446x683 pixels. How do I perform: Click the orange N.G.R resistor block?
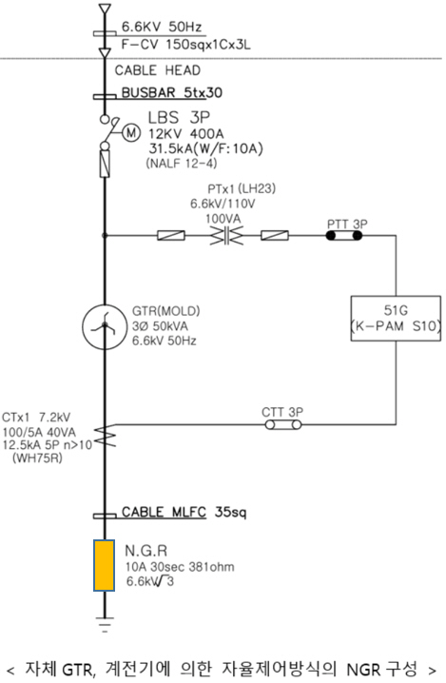tap(104, 565)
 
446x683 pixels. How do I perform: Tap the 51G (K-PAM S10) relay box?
tap(396, 319)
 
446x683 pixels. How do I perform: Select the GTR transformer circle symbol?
tap(104, 327)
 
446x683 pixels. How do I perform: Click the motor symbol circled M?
tap(131, 132)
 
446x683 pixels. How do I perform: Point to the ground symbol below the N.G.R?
tap(104, 625)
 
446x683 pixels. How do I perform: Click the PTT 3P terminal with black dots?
tap(344, 236)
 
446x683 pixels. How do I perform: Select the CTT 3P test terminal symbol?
tap(283, 424)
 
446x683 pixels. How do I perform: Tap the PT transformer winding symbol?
tap(226, 236)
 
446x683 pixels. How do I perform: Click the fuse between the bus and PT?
tap(171, 236)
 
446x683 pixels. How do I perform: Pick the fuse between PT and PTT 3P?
tap(275, 236)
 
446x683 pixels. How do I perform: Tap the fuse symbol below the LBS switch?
tap(105, 164)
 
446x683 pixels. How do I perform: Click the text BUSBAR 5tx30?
tap(171, 93)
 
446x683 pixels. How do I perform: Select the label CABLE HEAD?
tap(158, 70)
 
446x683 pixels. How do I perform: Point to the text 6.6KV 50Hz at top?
tap(162, 27)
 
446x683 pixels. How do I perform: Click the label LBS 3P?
tap(179, 118)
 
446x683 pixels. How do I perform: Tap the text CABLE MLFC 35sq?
tap(184, 512)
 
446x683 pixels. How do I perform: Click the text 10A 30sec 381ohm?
tap(180, 567)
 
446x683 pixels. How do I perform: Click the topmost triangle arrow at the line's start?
tap(105, 10)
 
